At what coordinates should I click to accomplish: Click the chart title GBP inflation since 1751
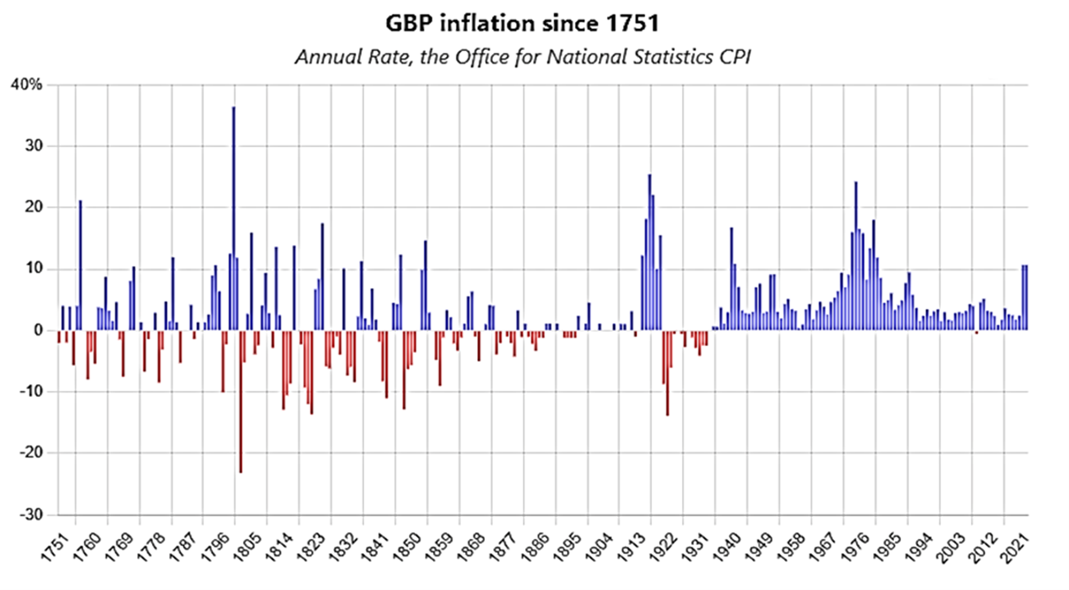coord(522,23)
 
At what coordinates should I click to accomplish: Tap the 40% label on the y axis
coord(26,85)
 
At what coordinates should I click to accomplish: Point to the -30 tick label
coord(32,515)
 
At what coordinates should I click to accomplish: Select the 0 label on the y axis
coord(39,330)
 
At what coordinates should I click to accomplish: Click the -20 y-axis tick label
coord(32,453)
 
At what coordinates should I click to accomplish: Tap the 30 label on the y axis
coord(35,146)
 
